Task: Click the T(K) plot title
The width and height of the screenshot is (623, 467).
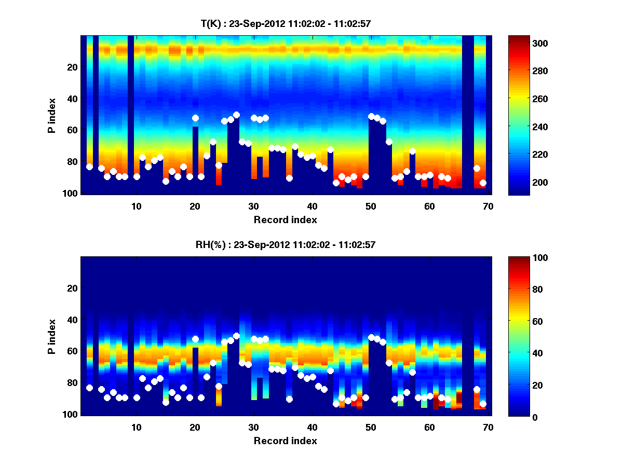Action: [285, 23]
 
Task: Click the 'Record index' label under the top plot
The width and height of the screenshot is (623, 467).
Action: [285, 219]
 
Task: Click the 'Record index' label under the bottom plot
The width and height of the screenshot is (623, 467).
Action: [285, 441]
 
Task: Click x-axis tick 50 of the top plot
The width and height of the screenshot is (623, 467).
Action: [371, 205]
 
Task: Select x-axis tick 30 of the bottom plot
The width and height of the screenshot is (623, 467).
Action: [253, 427]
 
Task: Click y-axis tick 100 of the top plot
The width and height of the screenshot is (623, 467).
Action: [71, 193]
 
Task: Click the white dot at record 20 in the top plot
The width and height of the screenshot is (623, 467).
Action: [195, 118]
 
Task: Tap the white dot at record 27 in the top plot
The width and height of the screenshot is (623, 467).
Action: [236, 115]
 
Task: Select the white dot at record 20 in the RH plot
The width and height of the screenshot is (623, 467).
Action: [195, 339]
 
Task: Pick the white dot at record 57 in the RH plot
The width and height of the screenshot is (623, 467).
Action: [412, 372]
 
